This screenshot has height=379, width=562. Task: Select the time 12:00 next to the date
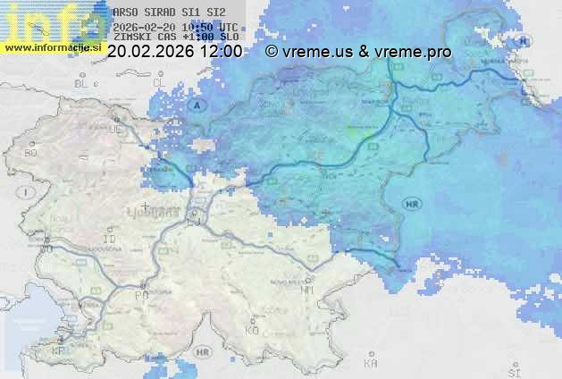point(222,52)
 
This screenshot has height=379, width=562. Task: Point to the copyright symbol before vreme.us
point(271,52)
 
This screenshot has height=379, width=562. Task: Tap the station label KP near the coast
point(59,351)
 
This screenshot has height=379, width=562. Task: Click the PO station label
point(140,295)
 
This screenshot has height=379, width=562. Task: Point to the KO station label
point(252,331)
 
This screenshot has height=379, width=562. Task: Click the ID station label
point(110,240)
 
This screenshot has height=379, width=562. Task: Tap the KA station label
point(371,364)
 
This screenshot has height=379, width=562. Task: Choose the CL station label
point(160,82)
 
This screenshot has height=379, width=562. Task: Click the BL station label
point(83,82)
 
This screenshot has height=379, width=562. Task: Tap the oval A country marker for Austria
point(197,105)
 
